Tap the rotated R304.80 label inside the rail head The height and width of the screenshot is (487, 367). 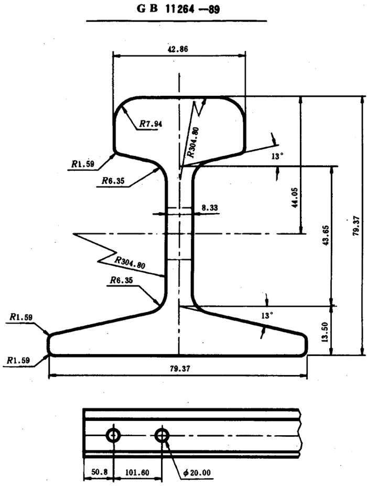192,142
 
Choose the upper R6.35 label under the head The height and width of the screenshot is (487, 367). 114,181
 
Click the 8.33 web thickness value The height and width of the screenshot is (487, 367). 210,208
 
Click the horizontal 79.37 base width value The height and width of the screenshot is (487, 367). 177,369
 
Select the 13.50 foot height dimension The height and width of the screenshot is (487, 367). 326,331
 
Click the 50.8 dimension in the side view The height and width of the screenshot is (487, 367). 98,472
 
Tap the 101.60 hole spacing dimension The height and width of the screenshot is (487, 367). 136,472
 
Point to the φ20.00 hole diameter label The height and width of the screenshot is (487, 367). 197,473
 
